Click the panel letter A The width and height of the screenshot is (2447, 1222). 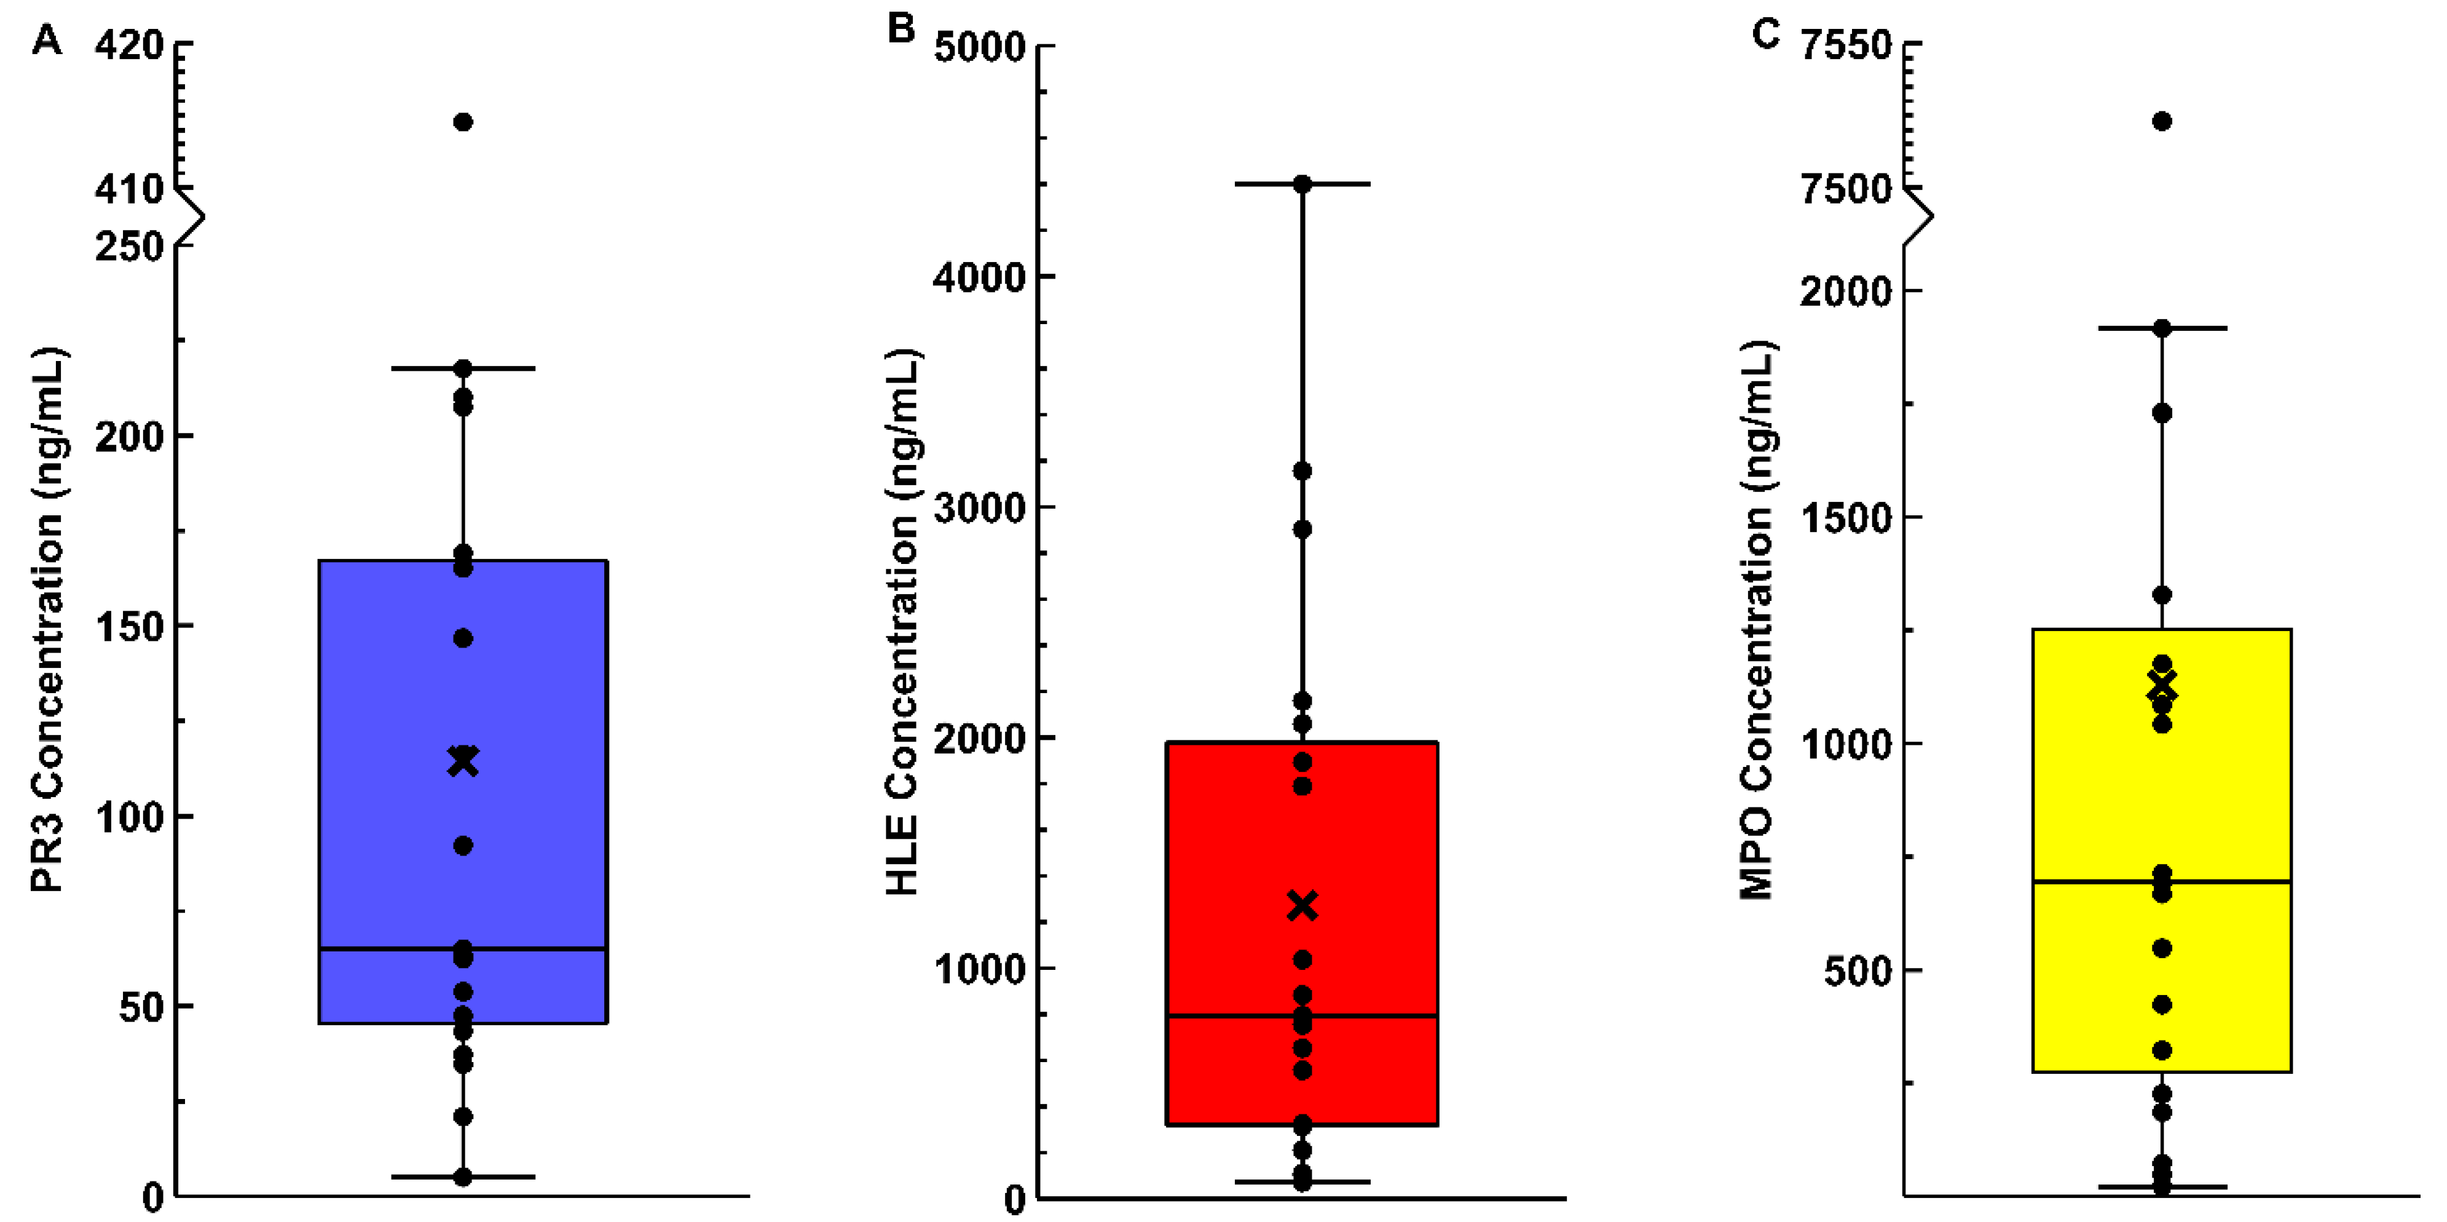tap(47, 41)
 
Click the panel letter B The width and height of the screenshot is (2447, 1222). tap(900, 28)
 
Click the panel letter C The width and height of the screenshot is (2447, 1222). tap(1765, 34)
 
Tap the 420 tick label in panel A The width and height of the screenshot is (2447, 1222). tap(129, 46)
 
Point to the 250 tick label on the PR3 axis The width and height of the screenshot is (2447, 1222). tap(129, 248)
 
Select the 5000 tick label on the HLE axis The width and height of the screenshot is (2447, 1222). tap(979, 47)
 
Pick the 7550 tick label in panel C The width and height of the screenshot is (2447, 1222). tap(1846, 46)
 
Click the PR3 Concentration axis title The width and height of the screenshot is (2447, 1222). tap(47, 619)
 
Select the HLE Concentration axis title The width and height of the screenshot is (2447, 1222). tap(902, 622)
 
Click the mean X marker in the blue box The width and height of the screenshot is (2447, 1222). tap(463, 762)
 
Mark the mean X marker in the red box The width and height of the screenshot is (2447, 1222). tap(1302, 905)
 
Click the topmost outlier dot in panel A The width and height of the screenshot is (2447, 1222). tap(463, 122)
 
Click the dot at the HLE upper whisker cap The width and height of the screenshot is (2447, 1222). tap(1302, 184)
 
